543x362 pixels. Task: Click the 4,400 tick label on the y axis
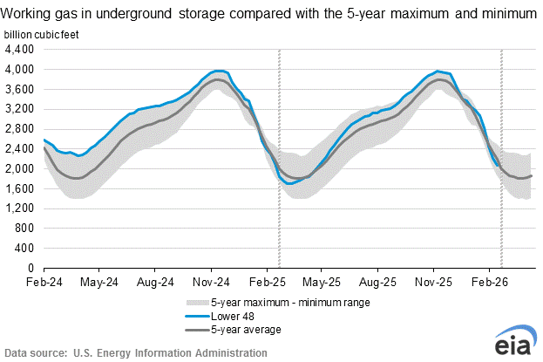(18, 49)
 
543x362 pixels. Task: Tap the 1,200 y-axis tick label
(18, 208)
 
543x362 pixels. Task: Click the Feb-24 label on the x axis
(44, 283)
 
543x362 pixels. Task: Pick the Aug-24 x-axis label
(153, 283)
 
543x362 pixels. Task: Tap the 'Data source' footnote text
(135, 352)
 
